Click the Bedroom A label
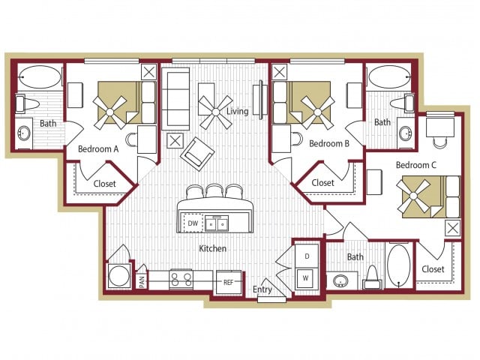click(x=99, y=148)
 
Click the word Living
click(x=238, y=112)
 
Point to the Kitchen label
click(x=213, y=248)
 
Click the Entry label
click(x=262, y=289)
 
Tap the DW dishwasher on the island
click(x=193, y=223)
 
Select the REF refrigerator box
click(x=229, y=283)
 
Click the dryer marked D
click(x=307, y=256)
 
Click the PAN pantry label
click(x=141, y=281)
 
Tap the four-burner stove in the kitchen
click(x=181, y=280)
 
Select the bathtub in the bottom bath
click(x=398, y=265)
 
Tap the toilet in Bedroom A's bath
click(x=31, y=103)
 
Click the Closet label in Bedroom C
click(x=433, y=269)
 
